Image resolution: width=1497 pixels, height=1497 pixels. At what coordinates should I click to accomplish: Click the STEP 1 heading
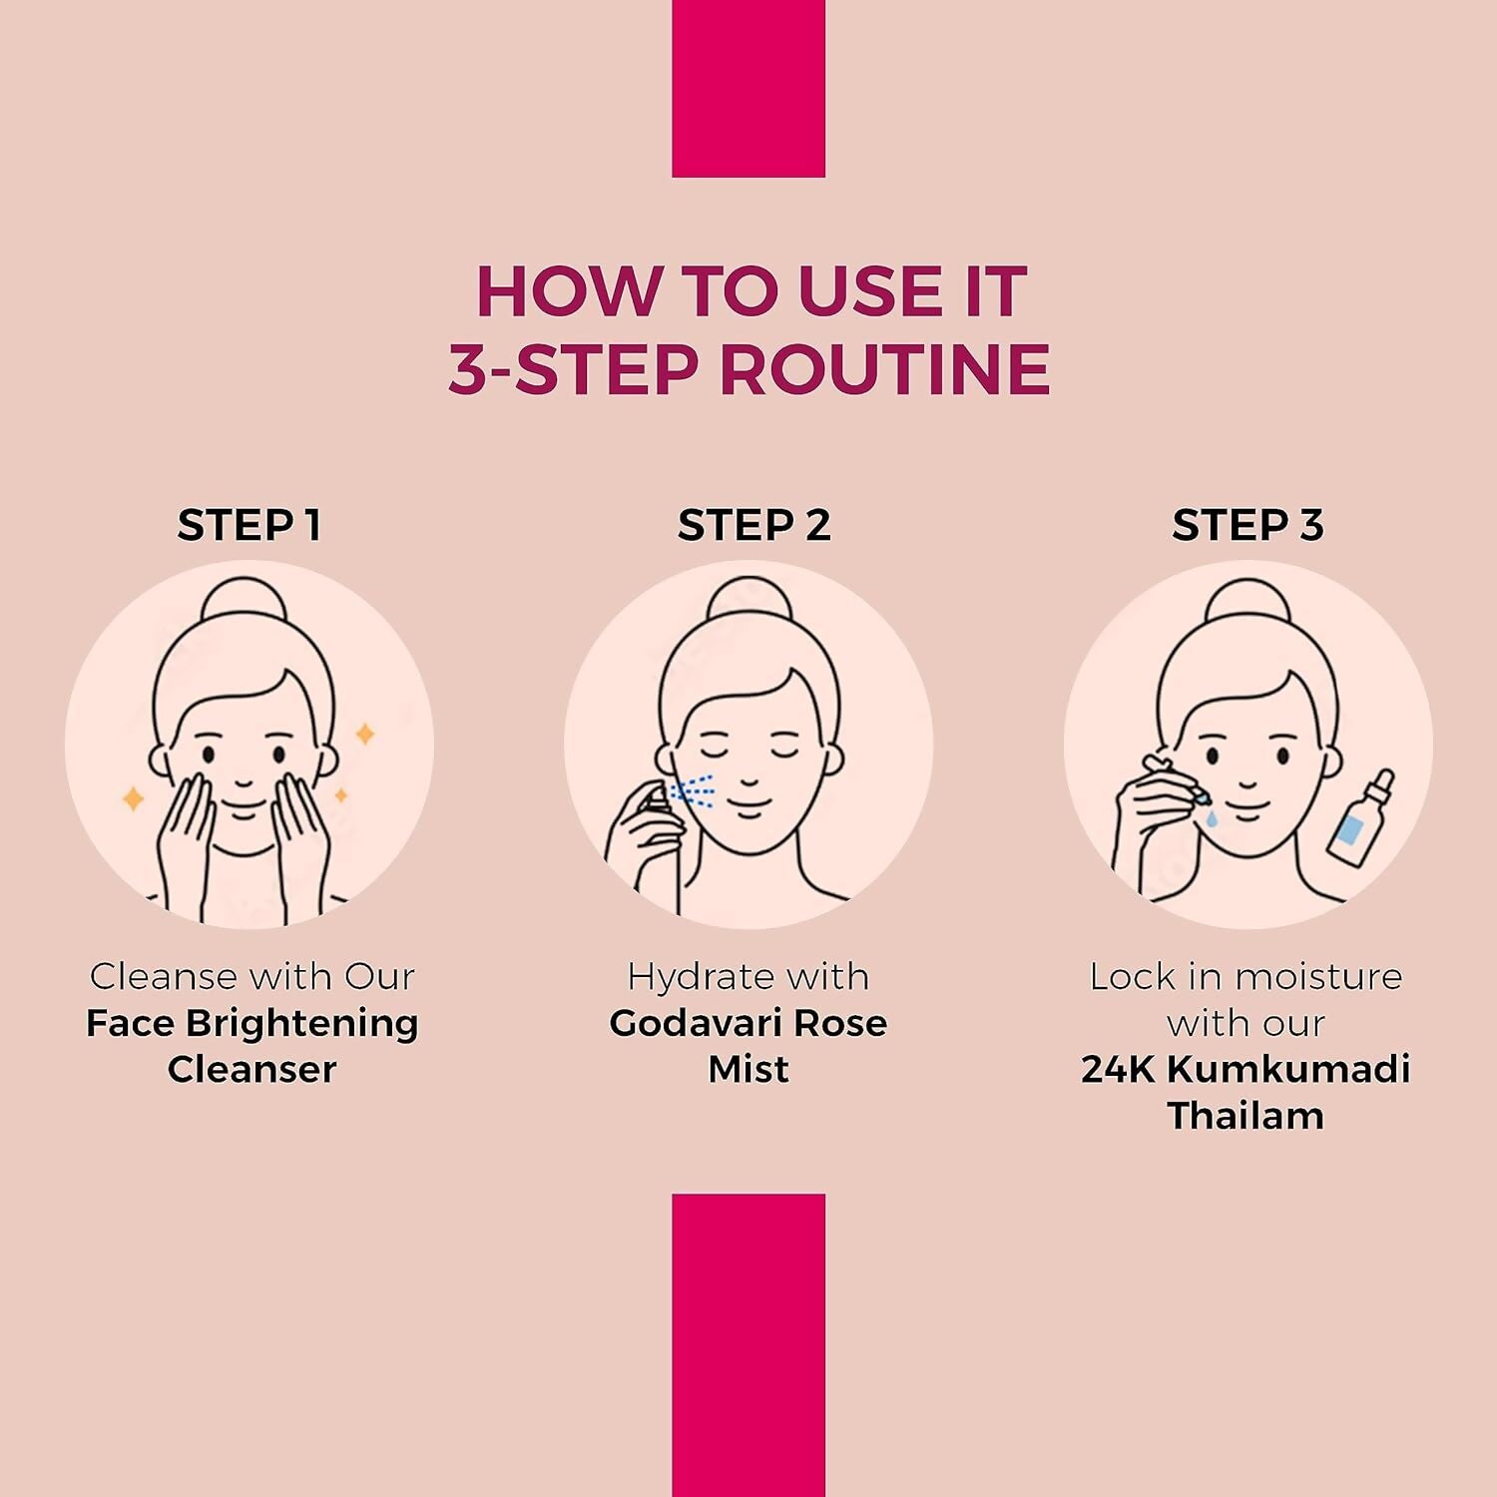249,525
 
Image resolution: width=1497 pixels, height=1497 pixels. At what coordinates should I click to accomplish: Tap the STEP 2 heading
753,525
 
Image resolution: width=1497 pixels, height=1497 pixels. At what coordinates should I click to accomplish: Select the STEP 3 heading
1247,525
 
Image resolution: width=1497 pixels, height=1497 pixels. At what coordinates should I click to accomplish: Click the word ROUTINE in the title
884,369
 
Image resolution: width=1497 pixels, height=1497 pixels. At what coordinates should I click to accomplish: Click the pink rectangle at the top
748,89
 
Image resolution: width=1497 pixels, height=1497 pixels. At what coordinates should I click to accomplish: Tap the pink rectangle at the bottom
748,1345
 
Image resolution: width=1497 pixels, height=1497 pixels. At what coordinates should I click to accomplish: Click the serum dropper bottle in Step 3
1360,817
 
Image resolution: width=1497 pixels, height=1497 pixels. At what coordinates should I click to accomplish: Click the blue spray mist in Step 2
694,791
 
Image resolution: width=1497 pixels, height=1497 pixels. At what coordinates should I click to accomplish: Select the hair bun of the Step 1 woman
245,601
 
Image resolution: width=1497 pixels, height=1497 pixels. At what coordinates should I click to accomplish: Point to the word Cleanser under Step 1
251,1069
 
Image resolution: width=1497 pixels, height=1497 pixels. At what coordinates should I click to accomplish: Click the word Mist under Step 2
748,1069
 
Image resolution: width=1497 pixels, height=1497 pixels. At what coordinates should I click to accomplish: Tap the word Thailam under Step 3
1246,1116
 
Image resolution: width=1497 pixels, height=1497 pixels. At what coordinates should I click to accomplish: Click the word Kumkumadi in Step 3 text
1288,1069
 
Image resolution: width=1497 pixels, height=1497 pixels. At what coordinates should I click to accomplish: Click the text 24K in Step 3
1119,1069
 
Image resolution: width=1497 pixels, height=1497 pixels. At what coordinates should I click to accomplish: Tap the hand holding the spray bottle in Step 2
644,843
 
